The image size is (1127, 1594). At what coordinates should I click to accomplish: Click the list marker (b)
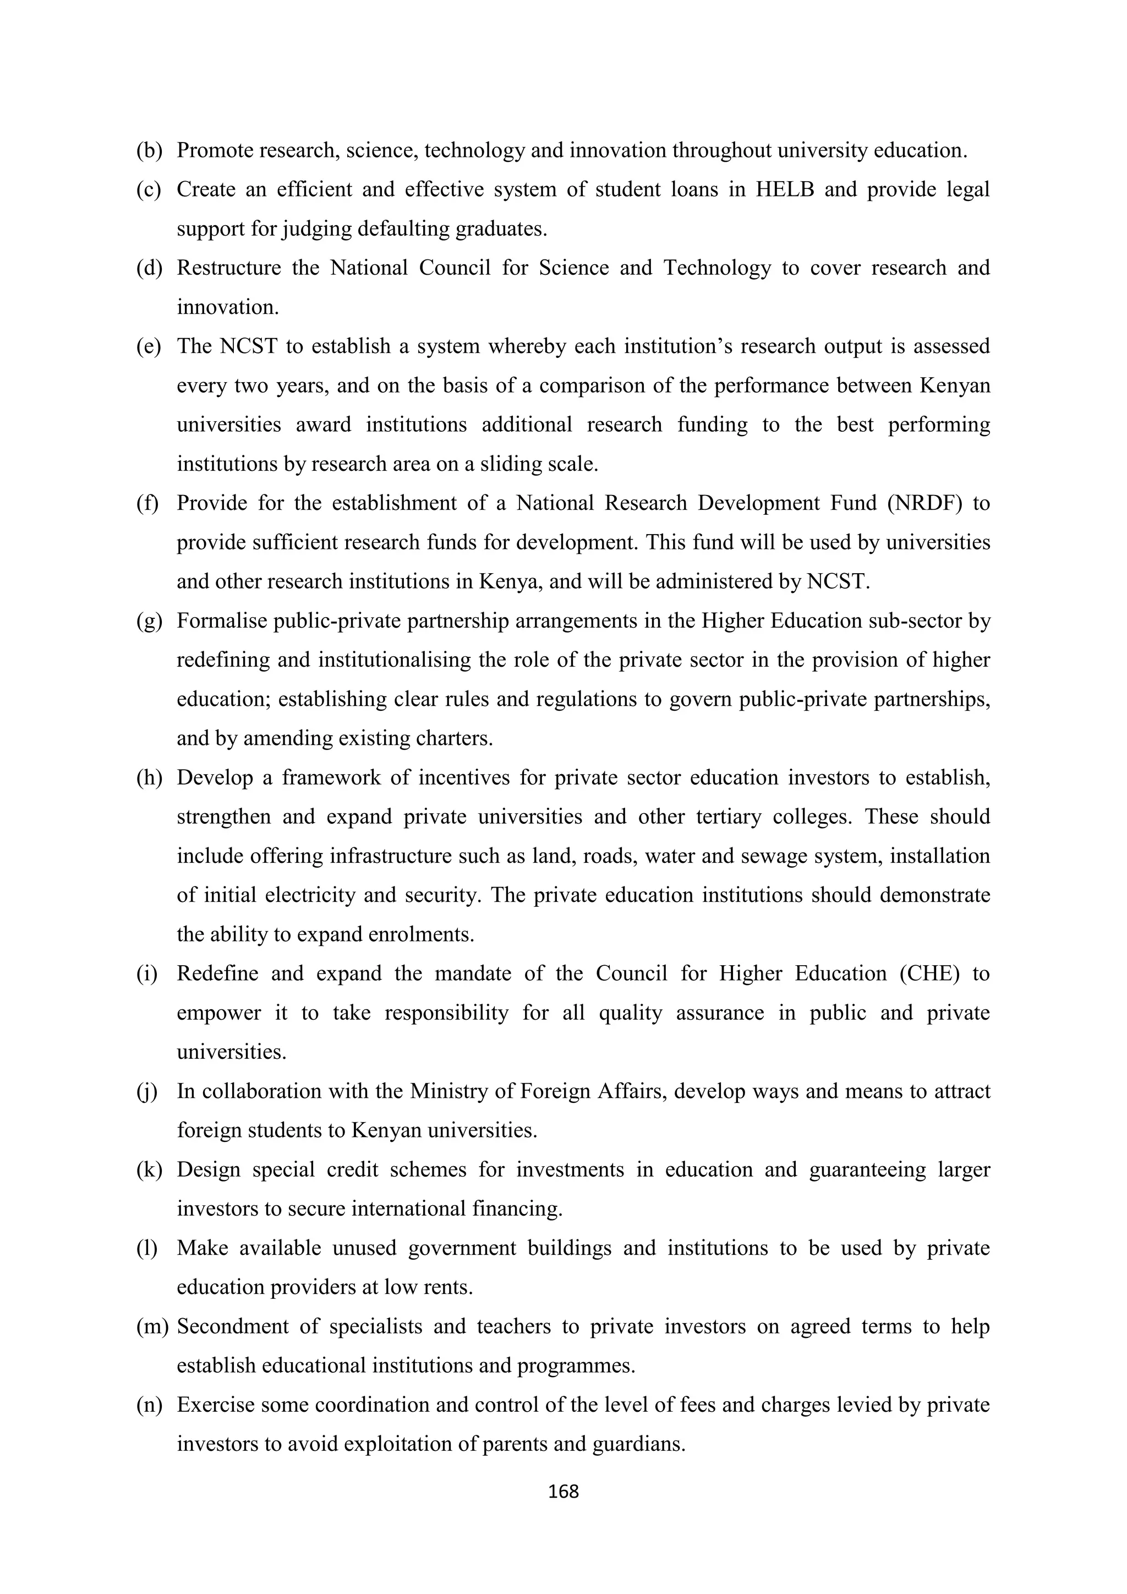point(149,151)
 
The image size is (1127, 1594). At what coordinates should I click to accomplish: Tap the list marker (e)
point(148,346)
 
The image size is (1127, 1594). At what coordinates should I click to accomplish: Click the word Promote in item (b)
point(215,151)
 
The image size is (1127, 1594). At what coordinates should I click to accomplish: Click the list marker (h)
point(149,777)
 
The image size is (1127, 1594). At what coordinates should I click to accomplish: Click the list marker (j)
point(147,1091)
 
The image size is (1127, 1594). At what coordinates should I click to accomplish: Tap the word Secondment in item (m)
point(232,1327)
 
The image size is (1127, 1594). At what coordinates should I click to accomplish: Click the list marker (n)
point(149,1405)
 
